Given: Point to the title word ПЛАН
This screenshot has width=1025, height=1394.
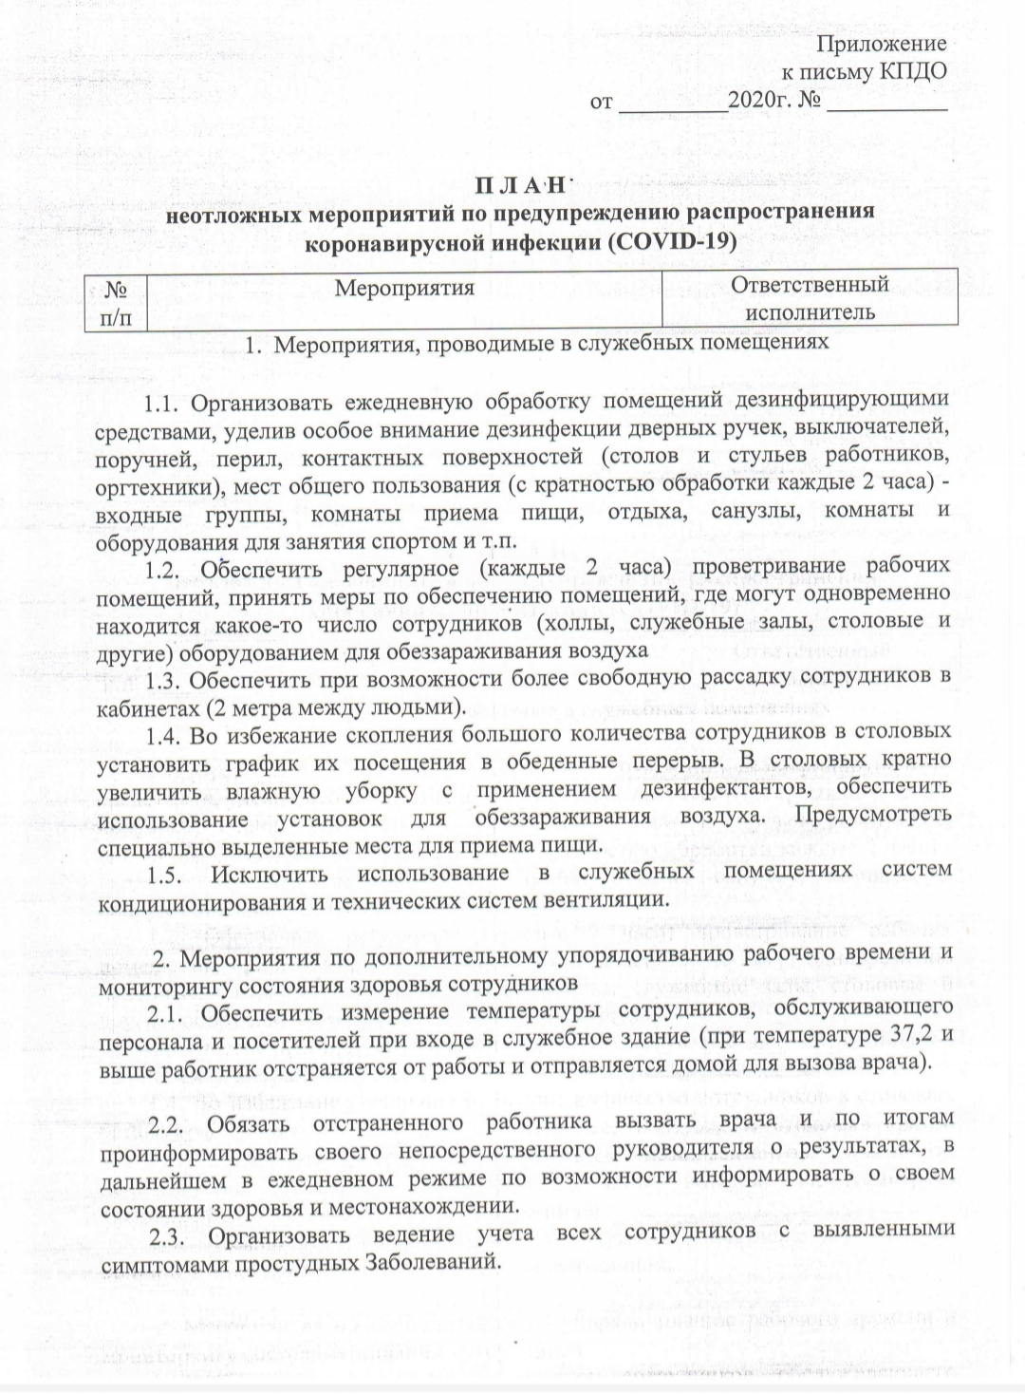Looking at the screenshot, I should (520, 183).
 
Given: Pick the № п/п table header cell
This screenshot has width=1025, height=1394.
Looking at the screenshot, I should (115, 300).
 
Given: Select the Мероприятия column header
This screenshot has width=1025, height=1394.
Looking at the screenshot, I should (405, 287).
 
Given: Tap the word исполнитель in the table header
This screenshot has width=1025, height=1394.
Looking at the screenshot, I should (811, 311).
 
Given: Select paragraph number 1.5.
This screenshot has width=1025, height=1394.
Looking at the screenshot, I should (168, 873).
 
